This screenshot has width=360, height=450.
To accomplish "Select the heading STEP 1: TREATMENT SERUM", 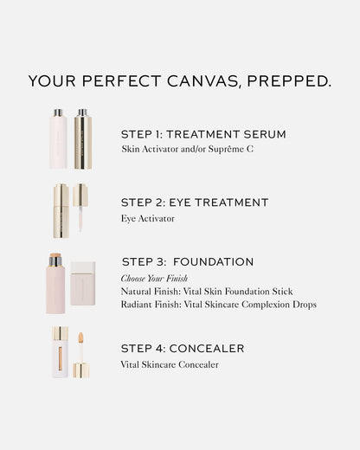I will pyautogui.click(x=203, y=134).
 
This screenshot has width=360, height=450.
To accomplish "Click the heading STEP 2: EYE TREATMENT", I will pyautogui.click(x=195, y=202).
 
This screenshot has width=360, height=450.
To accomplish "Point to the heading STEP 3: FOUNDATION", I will pyautogui.click(x=188, y=261).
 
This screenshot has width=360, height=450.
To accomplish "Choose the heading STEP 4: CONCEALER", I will pyautogui.click(x=183, y=349).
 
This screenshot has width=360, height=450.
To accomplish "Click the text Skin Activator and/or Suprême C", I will pyautogui.click(x=189, y=150).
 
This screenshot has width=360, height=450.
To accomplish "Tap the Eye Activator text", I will pyautogui.click(x=148, y=218).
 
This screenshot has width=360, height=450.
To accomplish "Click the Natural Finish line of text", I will pyautogui.click(x=207, y=292).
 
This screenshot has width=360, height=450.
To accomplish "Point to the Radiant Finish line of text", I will pyautogui.click(x=219, y=305).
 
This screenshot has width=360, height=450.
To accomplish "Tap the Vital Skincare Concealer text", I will pyautogui.click(x=170, y=364).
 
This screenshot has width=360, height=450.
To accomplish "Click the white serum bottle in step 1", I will pyautogui.click(x=59, y=138).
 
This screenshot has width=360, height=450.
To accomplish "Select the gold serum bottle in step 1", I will pyautogui.click(x=82, y=138).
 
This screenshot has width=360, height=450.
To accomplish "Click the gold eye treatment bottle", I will pyautogui.click(x=61, y=209).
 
